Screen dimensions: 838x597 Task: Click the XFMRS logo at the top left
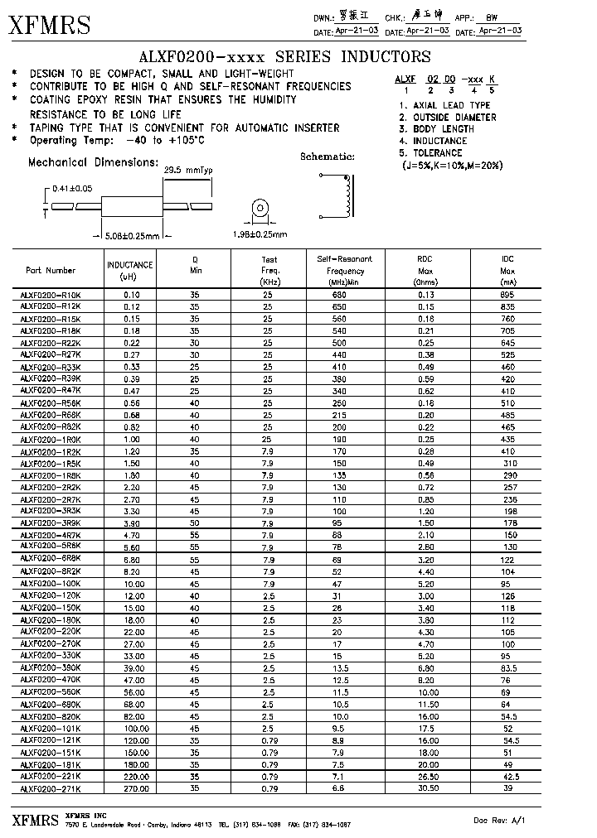coord(50,26)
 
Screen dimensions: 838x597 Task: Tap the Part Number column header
coord(51,270)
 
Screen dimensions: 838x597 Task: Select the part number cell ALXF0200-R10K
coord(51,295)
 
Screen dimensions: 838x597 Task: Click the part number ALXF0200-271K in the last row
coord(51,789)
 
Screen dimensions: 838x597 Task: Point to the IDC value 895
coord(507,295)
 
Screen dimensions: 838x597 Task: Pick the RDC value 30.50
coord(425,789)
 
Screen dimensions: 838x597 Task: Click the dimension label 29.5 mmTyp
coord(189,171)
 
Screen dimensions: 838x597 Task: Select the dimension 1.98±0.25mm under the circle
coord(259,235)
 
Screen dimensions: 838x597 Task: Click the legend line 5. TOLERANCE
coord(430,153)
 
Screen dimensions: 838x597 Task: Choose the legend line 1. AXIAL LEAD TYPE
coord(444,105)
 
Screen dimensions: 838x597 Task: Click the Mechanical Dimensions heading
coord(93,162)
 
